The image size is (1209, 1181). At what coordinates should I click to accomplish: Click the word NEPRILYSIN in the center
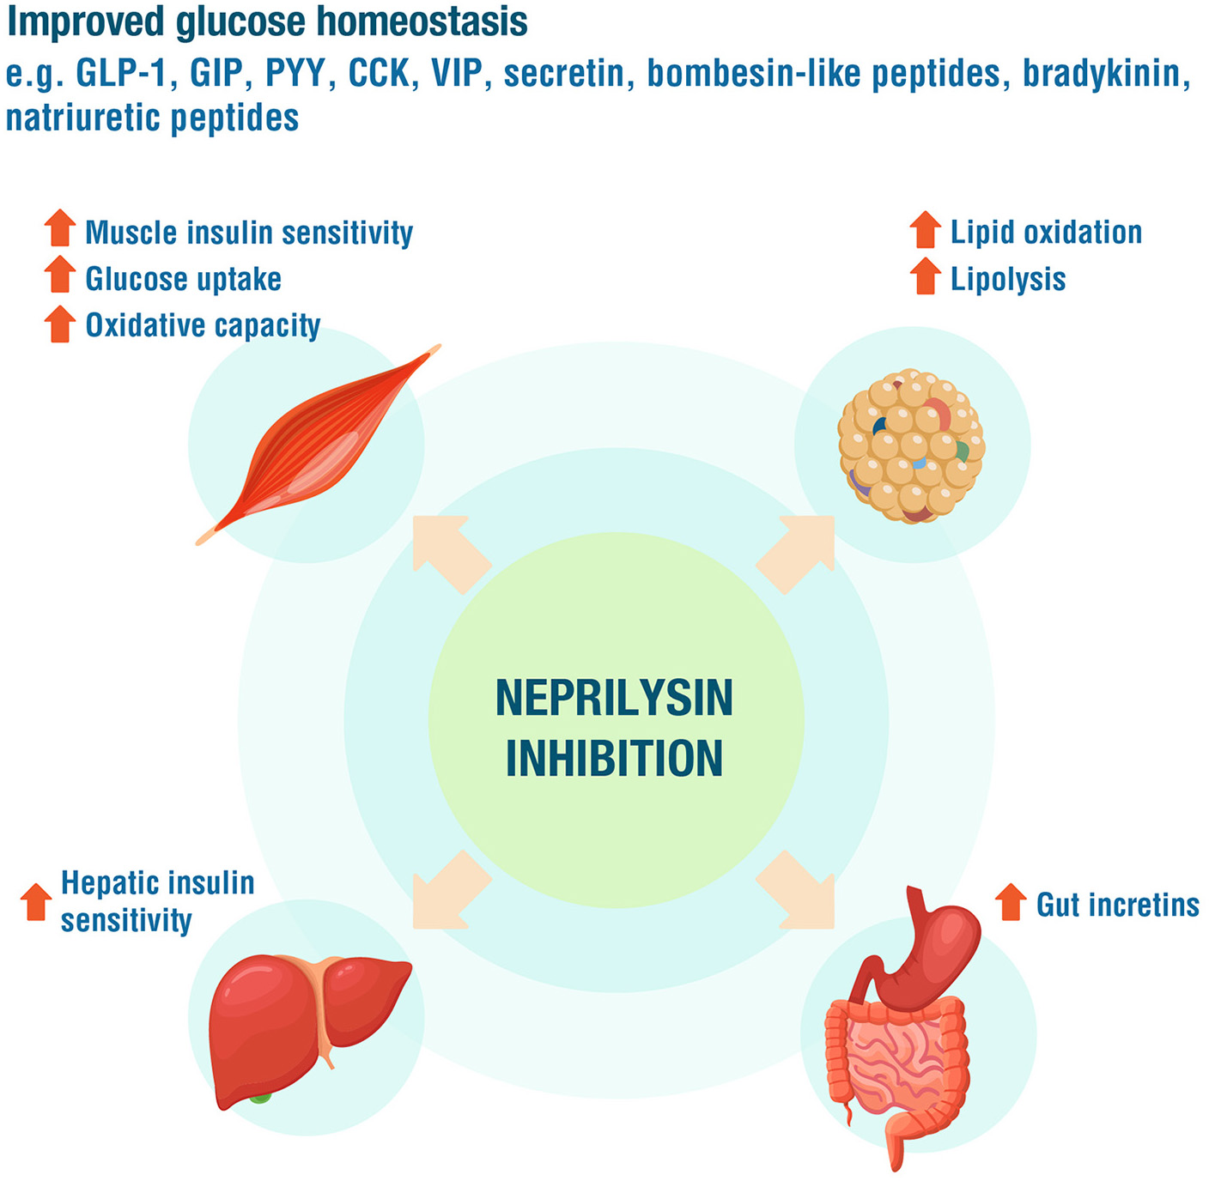[614, 699]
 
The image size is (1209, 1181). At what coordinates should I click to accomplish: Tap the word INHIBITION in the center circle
[614, 759]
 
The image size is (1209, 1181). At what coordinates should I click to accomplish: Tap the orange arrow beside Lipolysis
[925, 276]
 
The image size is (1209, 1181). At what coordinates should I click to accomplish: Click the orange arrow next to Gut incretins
[1011, 902]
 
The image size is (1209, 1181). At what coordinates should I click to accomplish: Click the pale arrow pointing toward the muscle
[447, 549]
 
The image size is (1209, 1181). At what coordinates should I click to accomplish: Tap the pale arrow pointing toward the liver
[447, 893]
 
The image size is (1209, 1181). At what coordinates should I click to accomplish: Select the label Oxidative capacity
[203, 325]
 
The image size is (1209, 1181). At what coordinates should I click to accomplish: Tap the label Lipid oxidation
[1046, 232]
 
